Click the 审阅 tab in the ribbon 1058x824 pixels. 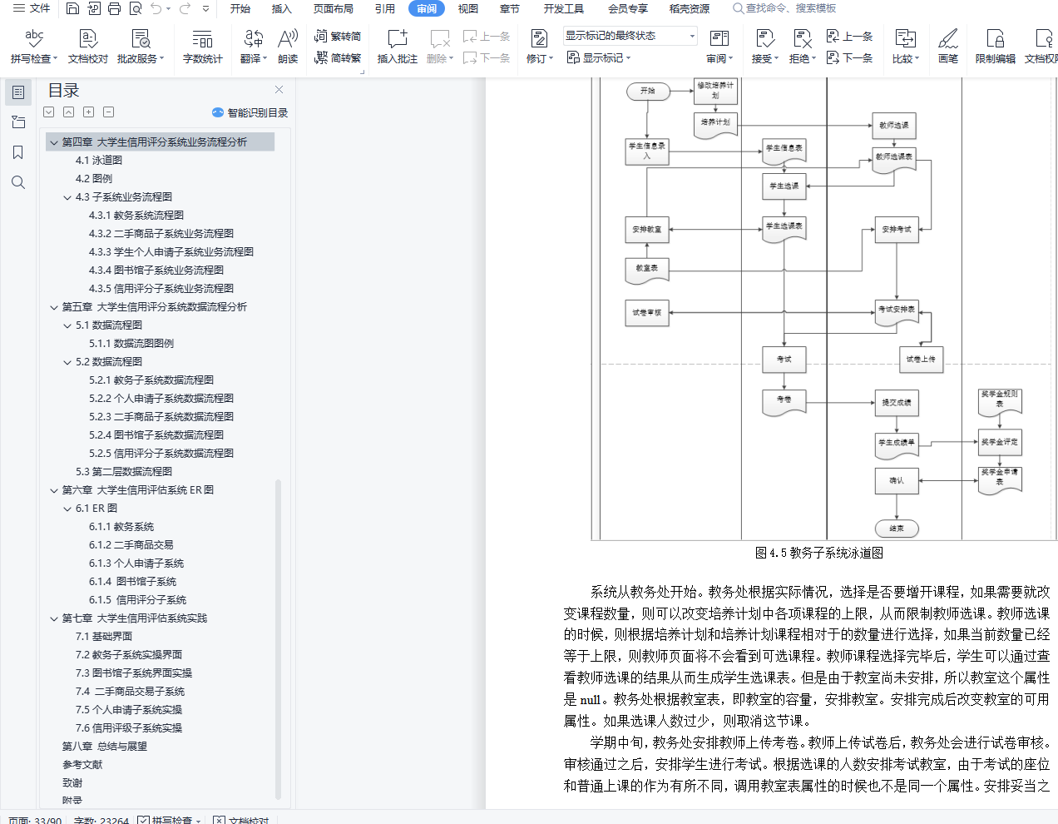[427, 8]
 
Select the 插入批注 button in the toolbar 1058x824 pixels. [397, 46]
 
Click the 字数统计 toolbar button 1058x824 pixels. [202, 46]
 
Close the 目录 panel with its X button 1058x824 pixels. [279, 90]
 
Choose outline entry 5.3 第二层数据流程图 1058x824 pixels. [124, 472]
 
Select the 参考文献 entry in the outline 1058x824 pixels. [82, 765]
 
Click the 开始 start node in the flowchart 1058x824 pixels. [648, 91]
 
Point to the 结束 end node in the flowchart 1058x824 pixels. [897, 528]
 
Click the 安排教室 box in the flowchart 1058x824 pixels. [646, 229]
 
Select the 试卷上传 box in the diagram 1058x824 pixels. [921, 359]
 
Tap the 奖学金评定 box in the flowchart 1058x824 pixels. [999, 442]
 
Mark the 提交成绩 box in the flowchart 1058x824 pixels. [897, 402]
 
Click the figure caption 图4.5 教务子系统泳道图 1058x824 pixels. [819, 553]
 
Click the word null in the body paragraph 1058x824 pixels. [591, 700]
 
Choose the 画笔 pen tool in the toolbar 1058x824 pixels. [948, 46]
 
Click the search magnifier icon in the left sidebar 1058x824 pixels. [18, 182]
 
